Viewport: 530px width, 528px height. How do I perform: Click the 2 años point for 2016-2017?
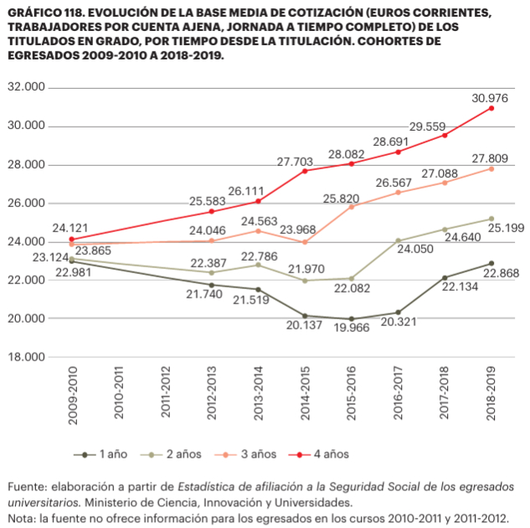point(398,241)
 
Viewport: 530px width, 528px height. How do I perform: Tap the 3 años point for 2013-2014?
point(258,230)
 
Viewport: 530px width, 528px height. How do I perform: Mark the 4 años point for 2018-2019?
point(491,108)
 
